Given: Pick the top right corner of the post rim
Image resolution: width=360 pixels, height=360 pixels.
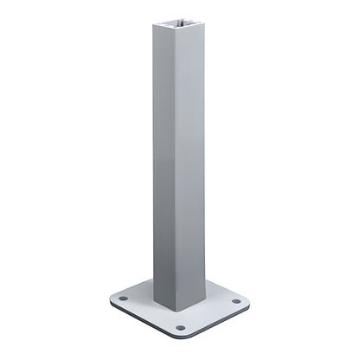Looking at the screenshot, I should click(208, 21).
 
